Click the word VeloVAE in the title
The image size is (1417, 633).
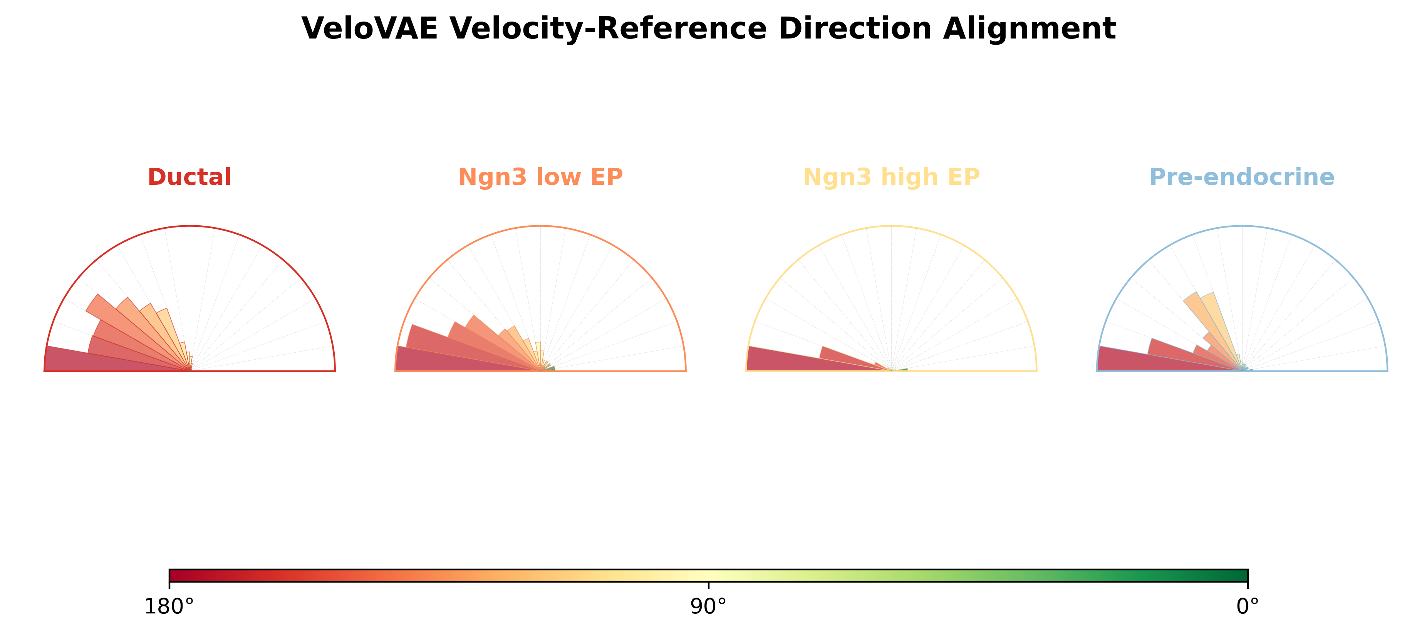[x=370, y=28]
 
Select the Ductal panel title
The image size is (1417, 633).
[x=190, y=177]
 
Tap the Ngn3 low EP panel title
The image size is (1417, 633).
[x=540, y=178]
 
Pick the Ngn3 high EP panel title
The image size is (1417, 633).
[x=891, y=178]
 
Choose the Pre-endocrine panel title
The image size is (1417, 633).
[x=1242, y=177]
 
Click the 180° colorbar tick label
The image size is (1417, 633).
[x=169, y=606]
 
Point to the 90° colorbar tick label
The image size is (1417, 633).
[x=709, y=606]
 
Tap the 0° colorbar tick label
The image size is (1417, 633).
[x=1248, y=606]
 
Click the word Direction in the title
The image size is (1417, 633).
[x=855, y=28]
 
